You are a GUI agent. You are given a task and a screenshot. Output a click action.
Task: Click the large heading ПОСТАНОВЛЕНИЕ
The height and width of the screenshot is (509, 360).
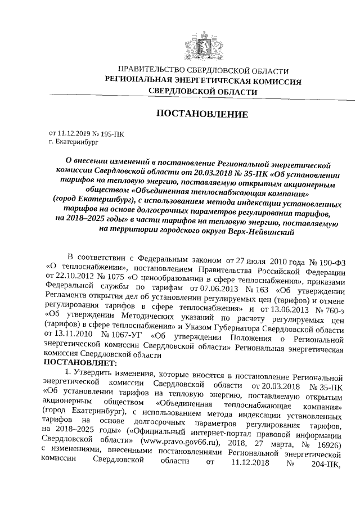click(x=202, y=114)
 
